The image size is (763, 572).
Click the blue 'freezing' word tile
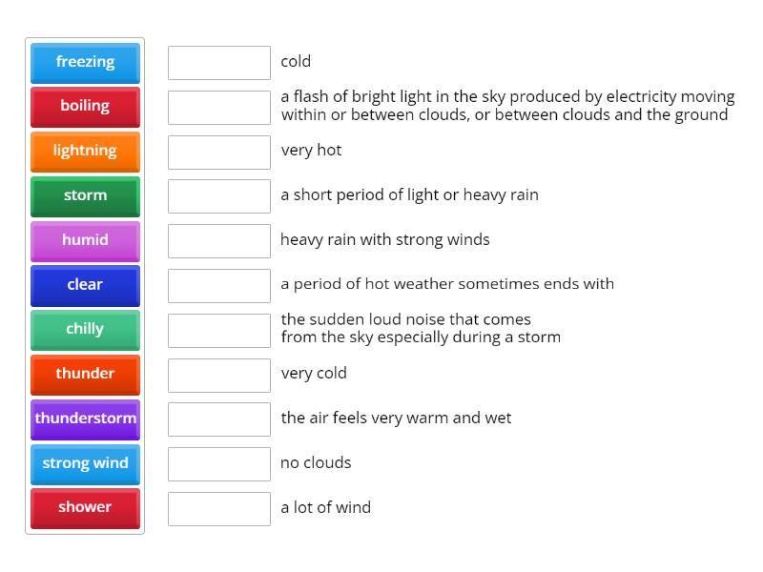pyautogui.click(x=85, y=62)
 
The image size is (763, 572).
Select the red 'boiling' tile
pyautogui.click(x=85, y=106)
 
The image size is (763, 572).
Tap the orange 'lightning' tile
pyautogui.click(x=85, y=151)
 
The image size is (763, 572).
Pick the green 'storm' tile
pyautogui.click(x=85, y=195)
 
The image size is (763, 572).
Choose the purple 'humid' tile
pyautogui.click(x=85, y=240)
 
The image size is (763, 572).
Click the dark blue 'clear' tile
pyautogui.click(x=85, y=284)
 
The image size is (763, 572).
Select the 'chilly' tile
pyautogui.click(x=85, y=329)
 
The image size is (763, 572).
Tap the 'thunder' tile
pyautogui.click(x=85, y=374)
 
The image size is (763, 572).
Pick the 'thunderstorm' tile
pyautogui.click(x=85, y=419)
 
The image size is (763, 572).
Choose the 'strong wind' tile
pyautogui.click(x=85, y=463)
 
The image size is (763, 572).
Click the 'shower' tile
pyautogui.click(x=85, y=507)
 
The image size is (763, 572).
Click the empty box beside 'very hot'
pyautogui.click(x=219, y=152)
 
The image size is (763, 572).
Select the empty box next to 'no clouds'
pyautogui.click(x=219, y=464)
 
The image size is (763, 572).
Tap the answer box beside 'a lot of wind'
pyautogui.click(x=219, y=508)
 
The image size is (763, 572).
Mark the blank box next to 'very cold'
pyautogui.click(x=219, y=375)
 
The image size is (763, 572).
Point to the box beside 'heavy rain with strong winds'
pyautogui.click(x=219, y=241)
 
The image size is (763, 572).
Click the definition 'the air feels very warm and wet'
pyautogui.click(x=396, y=418)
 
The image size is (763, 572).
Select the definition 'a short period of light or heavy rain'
pyautogui.click(x=409, y=194)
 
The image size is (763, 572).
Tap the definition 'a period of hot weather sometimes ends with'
pyautogui.click(x=447, y=283)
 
